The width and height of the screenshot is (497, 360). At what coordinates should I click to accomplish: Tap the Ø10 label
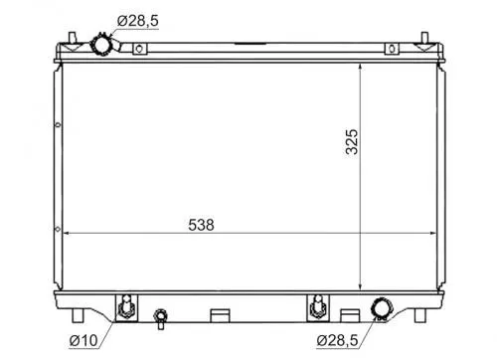click(x=83, y=343)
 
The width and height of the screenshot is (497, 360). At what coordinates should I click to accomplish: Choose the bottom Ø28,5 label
click(x=343, y=343)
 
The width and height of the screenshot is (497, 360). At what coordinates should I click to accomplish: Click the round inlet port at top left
click(x=100, y=44)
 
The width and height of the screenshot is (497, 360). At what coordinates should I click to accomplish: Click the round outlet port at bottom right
click(x=381, y=310)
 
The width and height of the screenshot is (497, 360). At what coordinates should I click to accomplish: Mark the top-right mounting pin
click(x=425, y=40)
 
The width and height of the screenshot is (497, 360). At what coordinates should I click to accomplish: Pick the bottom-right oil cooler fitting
click(x=316, y=308)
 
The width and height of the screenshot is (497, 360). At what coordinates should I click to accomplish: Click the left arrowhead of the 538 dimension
click(x=67, y=236)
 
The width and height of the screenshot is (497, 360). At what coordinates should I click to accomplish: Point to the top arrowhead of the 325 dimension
click(x=360, y=59)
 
